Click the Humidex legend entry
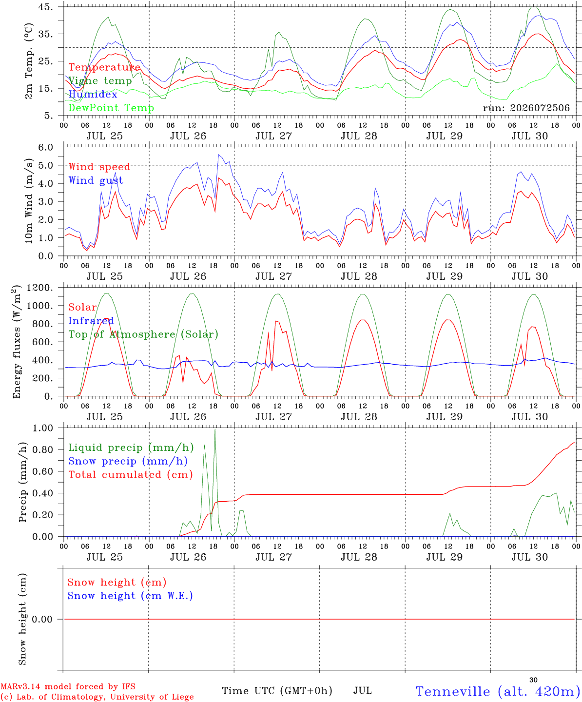pos(93,94)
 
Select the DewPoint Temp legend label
pos(111,108)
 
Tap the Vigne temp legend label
pos(100,81)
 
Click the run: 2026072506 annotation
pos(526,108)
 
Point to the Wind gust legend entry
pos(96,180)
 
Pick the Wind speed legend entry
pos(99,167)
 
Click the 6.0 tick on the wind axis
pos(45,147)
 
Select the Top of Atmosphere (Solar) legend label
pos(144,334)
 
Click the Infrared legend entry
pos(91,321)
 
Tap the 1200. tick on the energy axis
pos(40,288)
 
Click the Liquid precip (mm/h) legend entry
pos(131,448)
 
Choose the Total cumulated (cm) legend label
pos(131,474)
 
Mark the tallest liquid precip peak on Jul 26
pos(215,429)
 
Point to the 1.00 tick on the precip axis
pos(43,428)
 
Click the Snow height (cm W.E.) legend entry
pos(130,596)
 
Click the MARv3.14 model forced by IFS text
pos(68,686)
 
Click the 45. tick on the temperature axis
pos(45,7)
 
